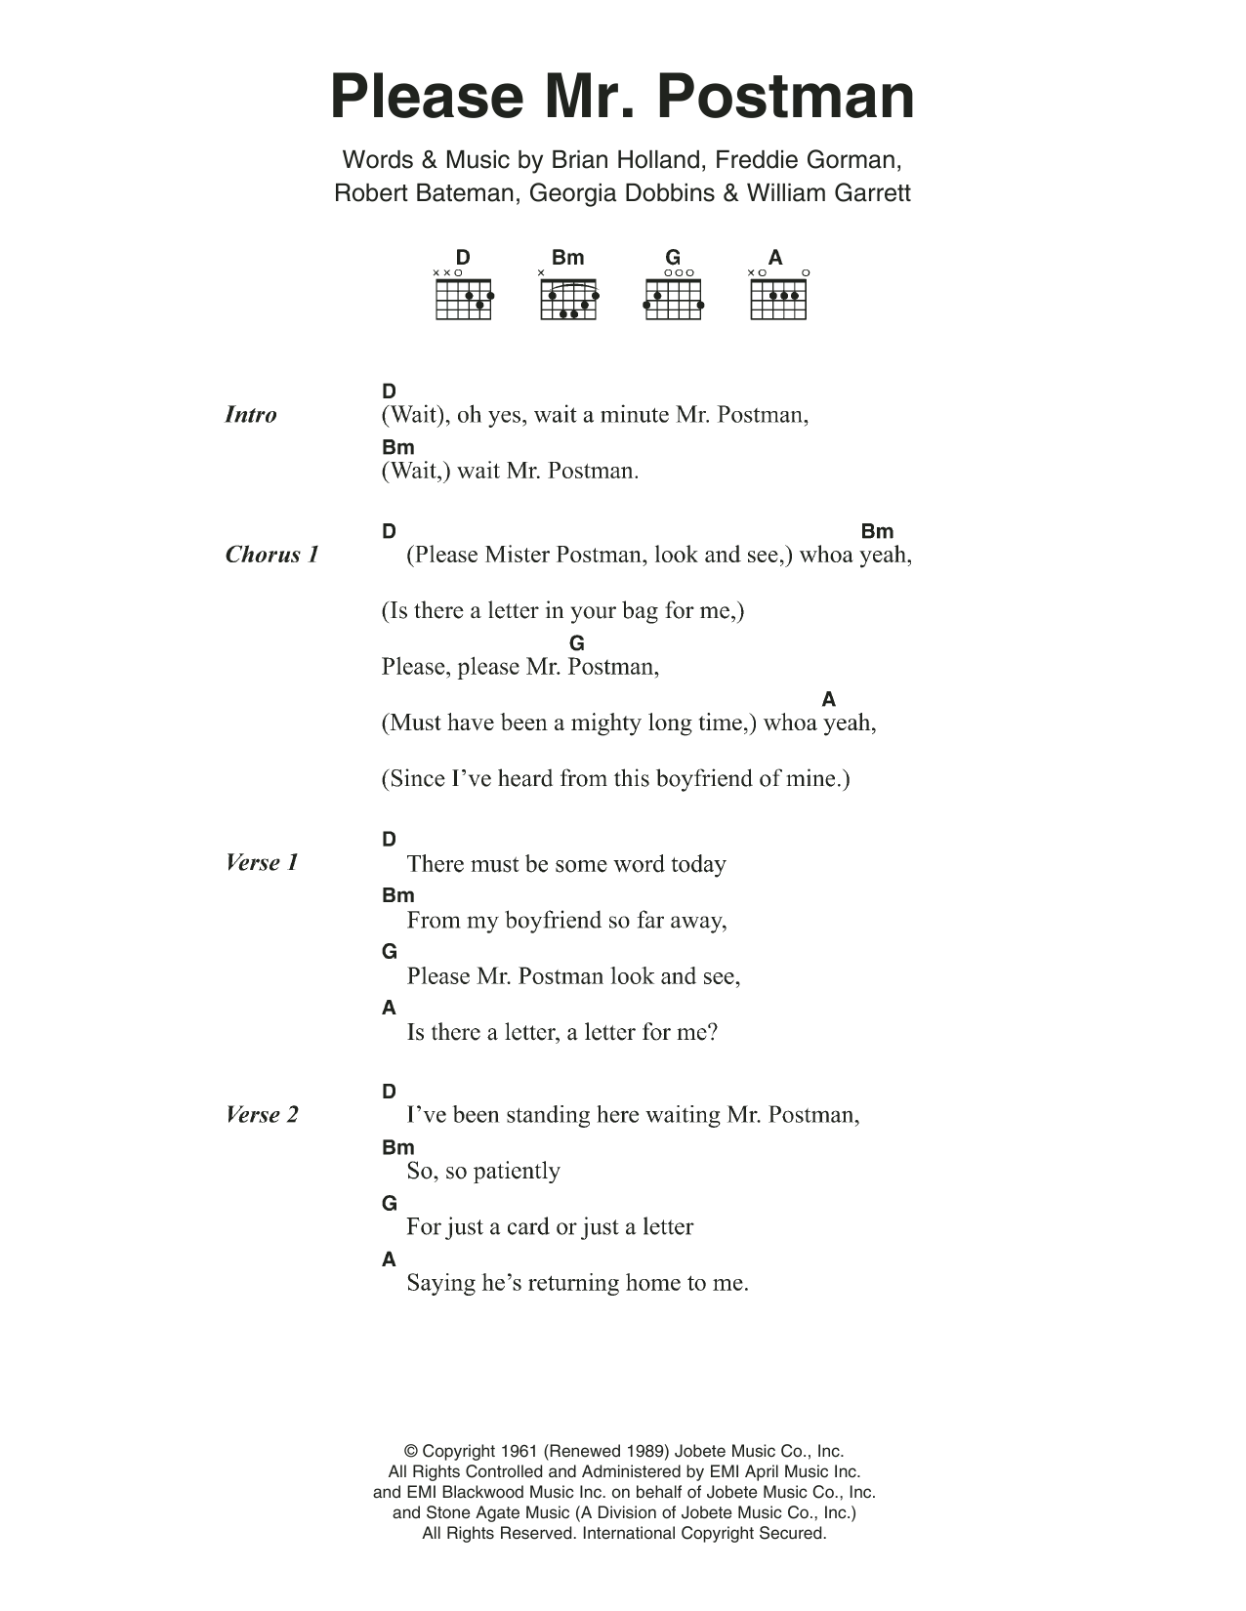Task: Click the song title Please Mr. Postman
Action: click(622, 97)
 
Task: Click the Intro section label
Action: click(251, 415)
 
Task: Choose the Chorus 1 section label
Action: click(271, 555)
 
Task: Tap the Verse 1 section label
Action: click(262, 862)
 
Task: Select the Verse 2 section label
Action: click(262, 1114)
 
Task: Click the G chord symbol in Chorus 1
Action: click(577, 643)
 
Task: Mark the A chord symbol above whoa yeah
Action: click(829, 699)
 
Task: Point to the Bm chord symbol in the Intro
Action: click(398, 447)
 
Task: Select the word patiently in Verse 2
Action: click(517, 1171)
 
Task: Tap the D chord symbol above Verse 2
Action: click(390, 1092)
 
